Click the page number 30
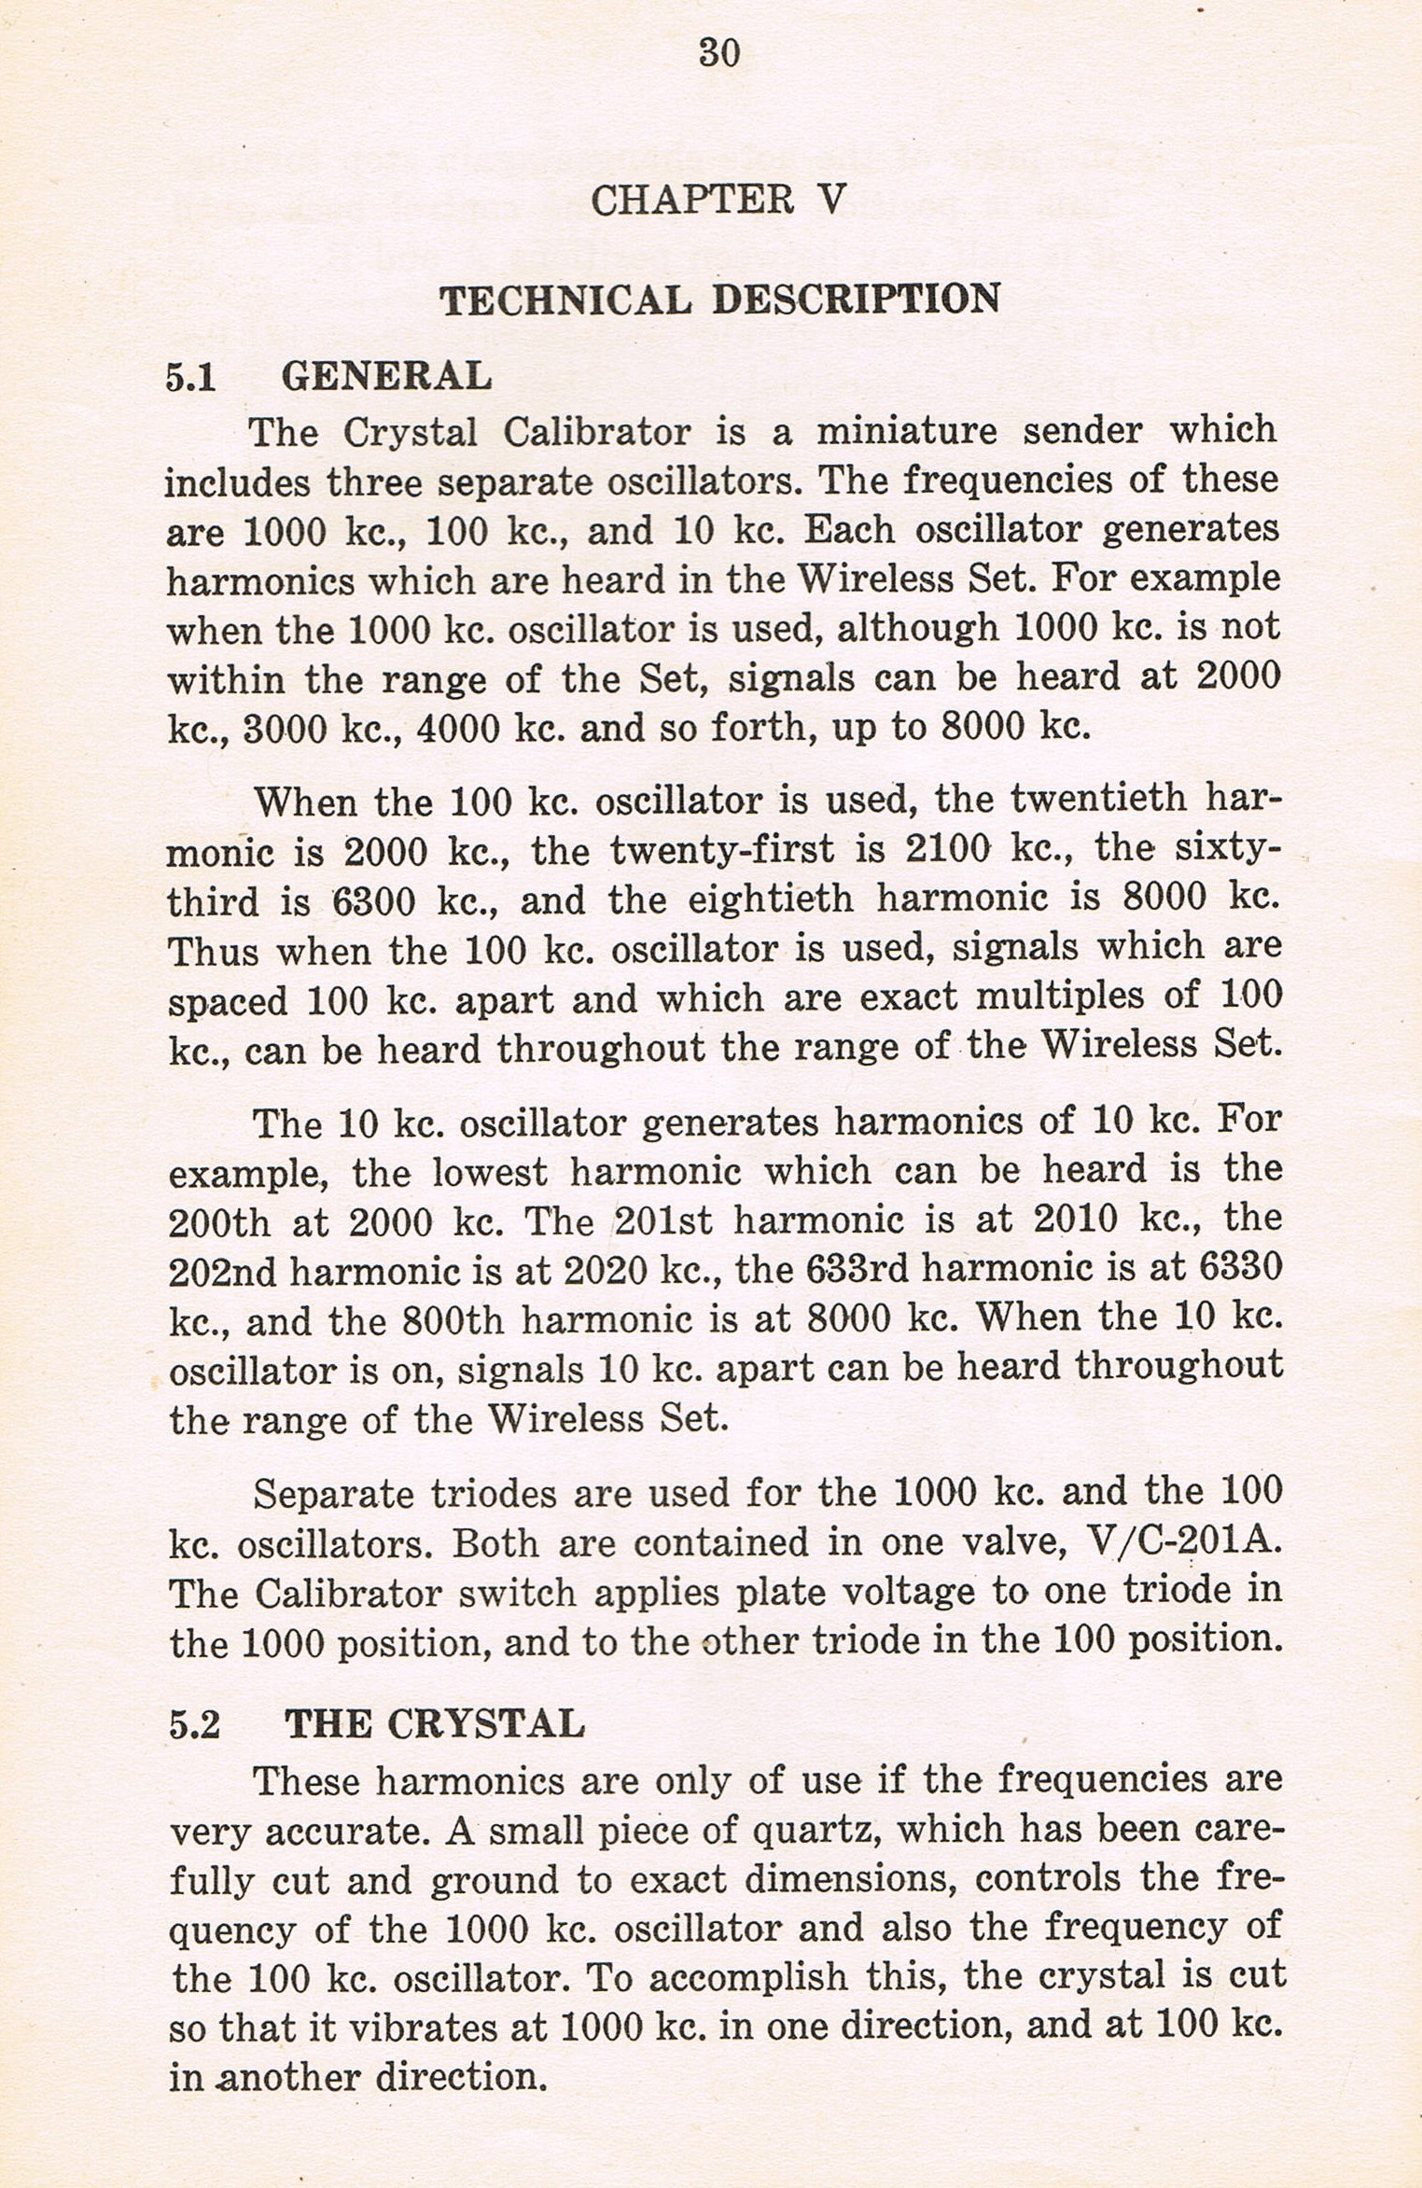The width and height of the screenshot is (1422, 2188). [718, 53]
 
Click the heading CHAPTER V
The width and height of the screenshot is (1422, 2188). [718, 200]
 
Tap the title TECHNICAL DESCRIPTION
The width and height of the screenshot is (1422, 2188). [719, 300]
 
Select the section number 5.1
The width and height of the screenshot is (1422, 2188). [191, 377]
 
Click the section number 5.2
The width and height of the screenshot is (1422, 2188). [195, 1724]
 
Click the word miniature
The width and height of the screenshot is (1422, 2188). [907, 431]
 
